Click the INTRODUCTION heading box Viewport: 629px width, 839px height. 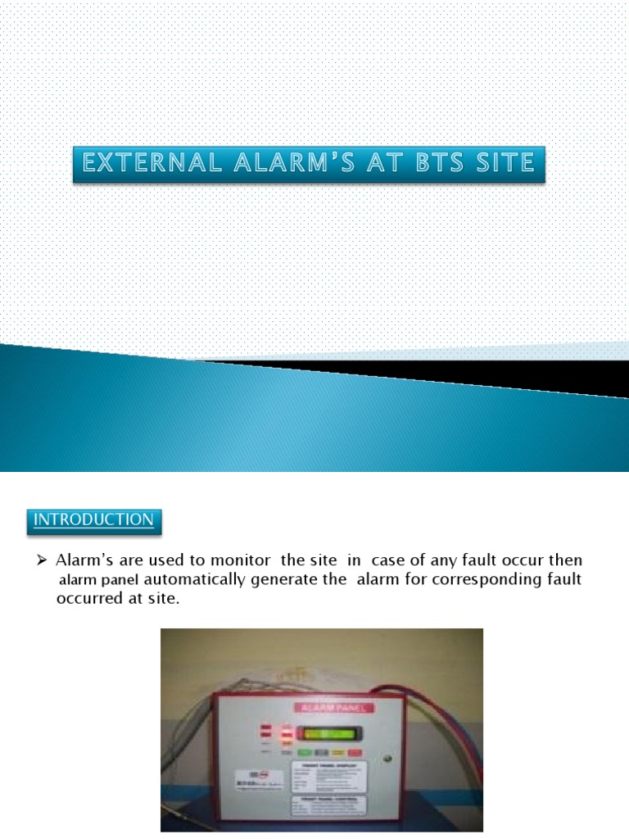click(93, 520)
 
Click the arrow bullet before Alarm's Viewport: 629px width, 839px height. click(44, 561)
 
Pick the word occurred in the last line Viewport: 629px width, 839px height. click(88, 598)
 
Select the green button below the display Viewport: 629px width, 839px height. click(304, 751)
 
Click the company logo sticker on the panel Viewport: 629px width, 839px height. click(254, 776)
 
